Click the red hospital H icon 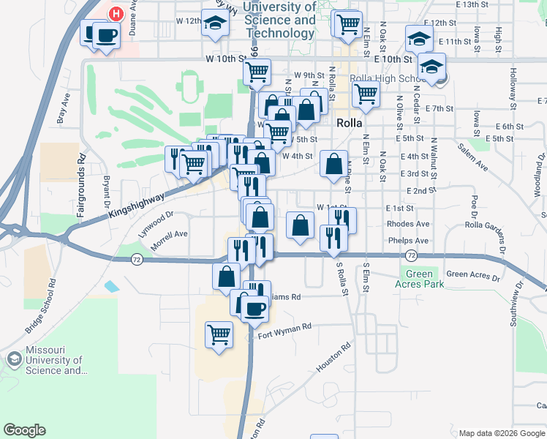click(116, 13)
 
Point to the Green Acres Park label click(420, 279)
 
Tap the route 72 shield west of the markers click(136, 259)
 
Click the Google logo click(25, 430)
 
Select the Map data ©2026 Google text click(501, 433)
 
